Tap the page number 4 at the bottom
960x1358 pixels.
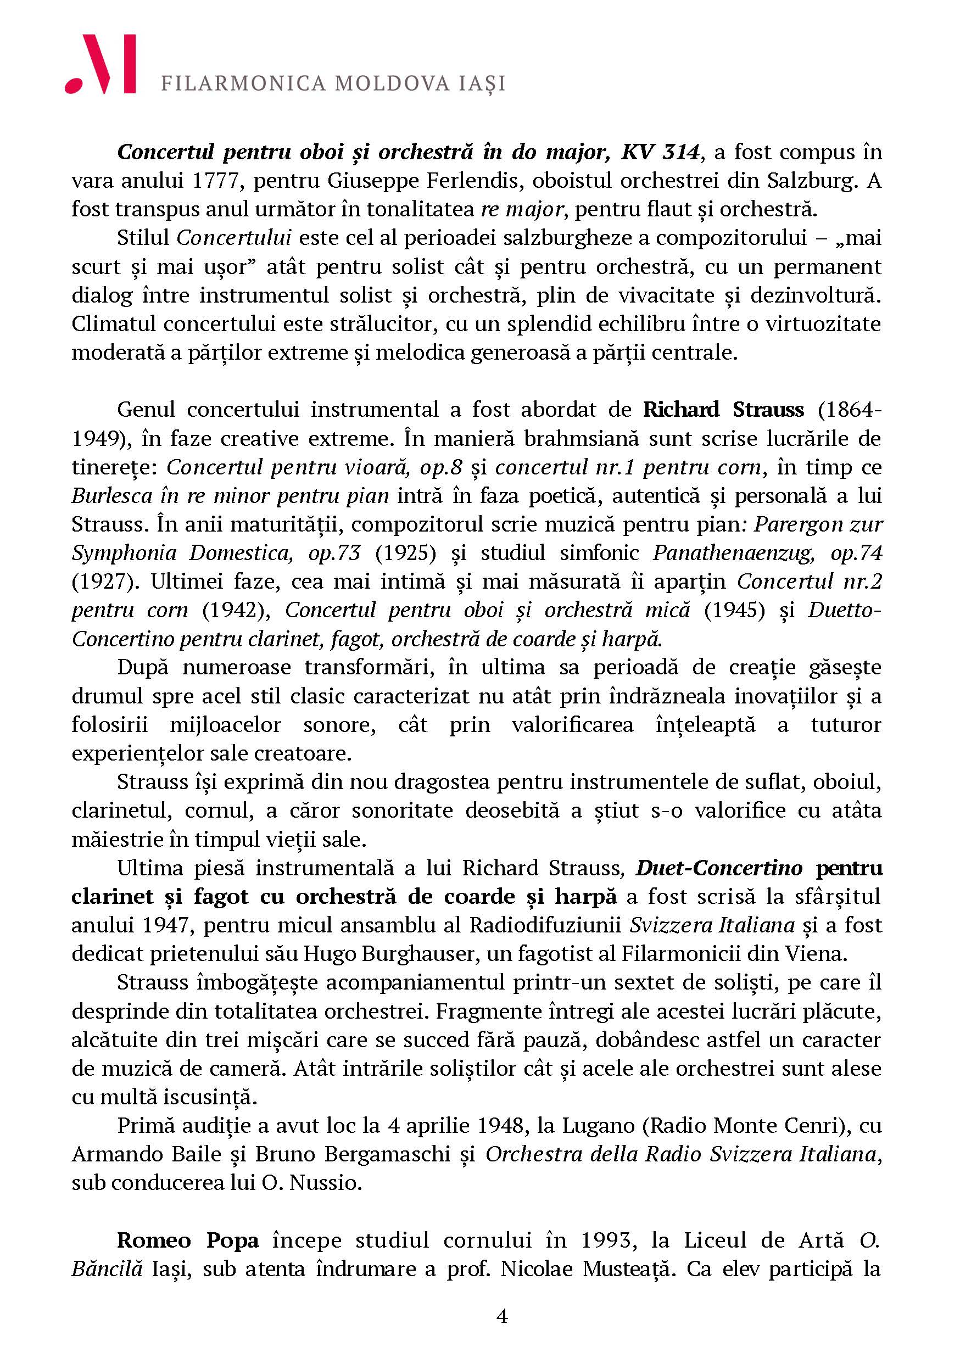coord(501,1317)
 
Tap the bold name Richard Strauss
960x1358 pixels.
coord(723,410)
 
